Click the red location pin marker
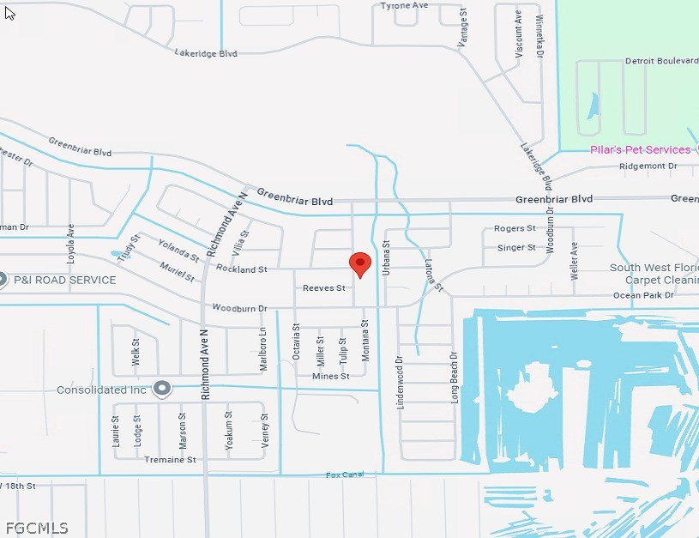click(360, 263)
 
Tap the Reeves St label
click(323, 288)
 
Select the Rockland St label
click(241, 269)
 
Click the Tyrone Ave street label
click(404, 5)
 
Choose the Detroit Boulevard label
click(661, 61)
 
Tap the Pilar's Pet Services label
click(640, 149)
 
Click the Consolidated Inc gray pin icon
click(162, 389)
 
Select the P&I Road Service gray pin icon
click(3, 280)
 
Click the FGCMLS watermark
click(36, 528)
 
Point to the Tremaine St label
click(170, 460)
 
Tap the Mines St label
click(330, 376)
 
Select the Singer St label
click(516, 248)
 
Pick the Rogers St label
click(515, 228)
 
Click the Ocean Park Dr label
click(643, 295)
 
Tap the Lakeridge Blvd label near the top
click(205, 53)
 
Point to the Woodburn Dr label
click(239, 307)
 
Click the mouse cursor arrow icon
click(9, 13)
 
